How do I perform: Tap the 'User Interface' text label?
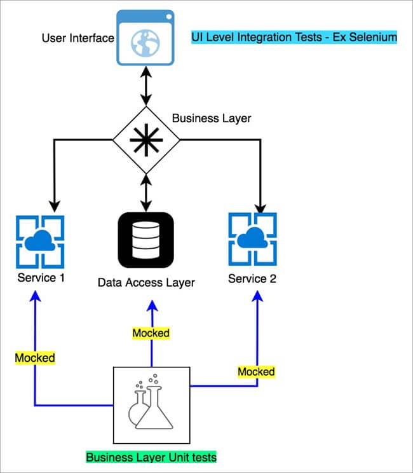tap(78, 38)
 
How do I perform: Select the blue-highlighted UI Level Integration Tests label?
tap(294, 38)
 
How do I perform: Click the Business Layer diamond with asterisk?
tap(147, 139)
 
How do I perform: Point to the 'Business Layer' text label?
tap(212, 118)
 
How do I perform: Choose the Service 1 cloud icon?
tap(40, 242)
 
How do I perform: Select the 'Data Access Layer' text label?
tap(146, 282)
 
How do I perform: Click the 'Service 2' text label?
tap(252, 278)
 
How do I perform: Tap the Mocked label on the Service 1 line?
tap(35, 358)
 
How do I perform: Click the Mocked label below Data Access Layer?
tap(151, 332)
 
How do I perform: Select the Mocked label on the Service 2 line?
tap(256, 371)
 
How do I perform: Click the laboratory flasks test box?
tap(151, 404)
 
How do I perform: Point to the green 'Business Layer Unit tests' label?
tap(151, 457)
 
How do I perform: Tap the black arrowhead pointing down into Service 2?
tap(259, 205)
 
